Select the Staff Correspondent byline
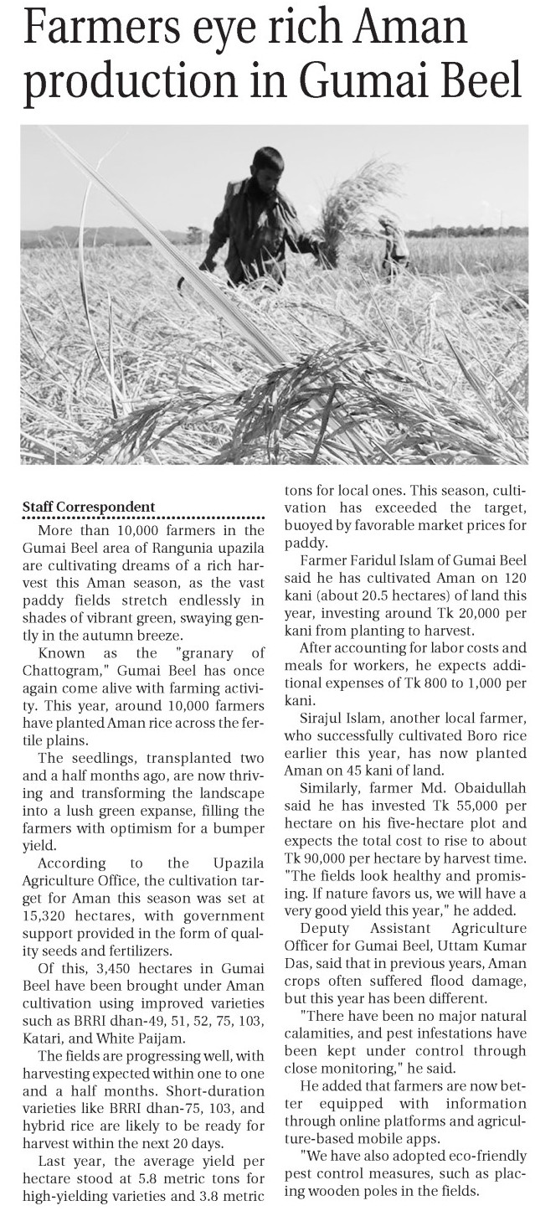(88, 507)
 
